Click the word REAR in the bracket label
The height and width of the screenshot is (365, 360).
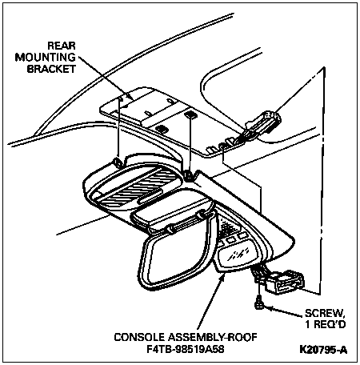[x=62, y=46]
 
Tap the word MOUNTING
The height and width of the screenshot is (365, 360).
[x=46, y=58]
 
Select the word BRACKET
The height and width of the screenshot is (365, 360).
[x=51, y=69]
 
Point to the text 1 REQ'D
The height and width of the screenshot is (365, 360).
[x=326, y=324]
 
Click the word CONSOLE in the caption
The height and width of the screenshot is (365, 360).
[x=139, y=337]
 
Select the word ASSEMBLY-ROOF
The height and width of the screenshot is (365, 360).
[x=213, y=337]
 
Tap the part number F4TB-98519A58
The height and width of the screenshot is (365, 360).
[x=186, y=349]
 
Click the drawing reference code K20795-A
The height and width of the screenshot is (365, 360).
[x=323, y=350]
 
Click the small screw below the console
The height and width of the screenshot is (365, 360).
[x=258, y=303]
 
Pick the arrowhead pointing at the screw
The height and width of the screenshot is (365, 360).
[x=268, y=308]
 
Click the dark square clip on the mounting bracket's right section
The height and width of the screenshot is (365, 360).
[x=190, y=115]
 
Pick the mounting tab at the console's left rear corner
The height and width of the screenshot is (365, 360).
[x=118, y=162]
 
